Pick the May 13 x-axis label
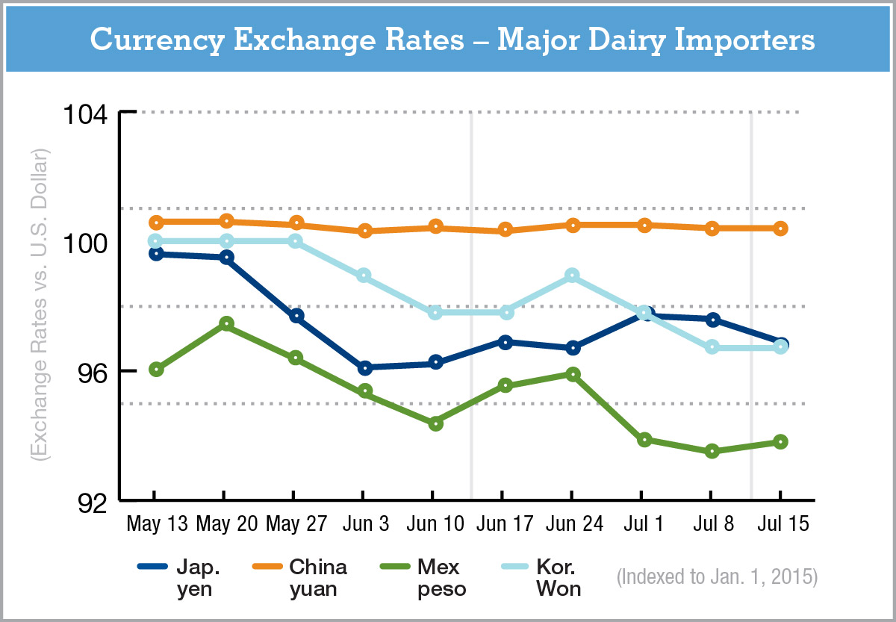pyautogui.click(x=157, y=524)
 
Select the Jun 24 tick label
pyautogui.click(x=572, y=524)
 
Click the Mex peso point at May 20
pyautogui.click(x=226, y=324)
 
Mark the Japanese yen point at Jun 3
pyautogui.click(x=365, y=367)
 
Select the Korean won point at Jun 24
pyautogui.click(x=572, y=276)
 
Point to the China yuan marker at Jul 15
pyautogui.click(x=780, y=228)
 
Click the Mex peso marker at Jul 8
pyautogui.click(x=712, y=451)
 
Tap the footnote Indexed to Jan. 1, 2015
pyautogui.click(x=718, y=578)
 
